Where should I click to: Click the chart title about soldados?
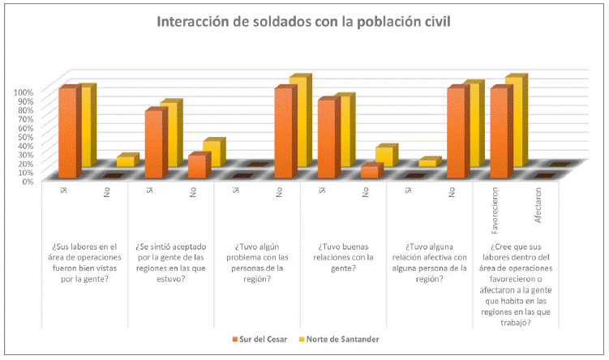click(304, 21)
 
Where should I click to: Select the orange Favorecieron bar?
click(499, 134)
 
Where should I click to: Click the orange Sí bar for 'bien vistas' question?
click(67, 134)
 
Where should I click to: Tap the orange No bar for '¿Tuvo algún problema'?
click(282, 134)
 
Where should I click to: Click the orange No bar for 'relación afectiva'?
click(456, 134)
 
